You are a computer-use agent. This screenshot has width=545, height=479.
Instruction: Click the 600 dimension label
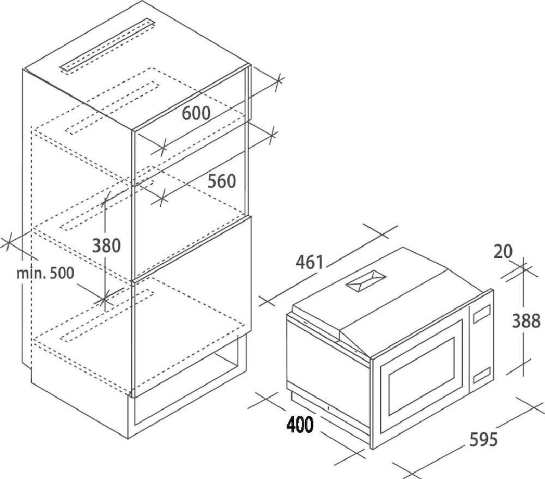click(x=196, y=113)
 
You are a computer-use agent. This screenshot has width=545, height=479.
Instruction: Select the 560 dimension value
click(x=221, y=181)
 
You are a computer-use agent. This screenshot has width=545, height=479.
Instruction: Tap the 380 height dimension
click(x=106, y=245)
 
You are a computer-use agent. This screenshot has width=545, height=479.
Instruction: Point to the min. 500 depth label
click(x=45, y=272)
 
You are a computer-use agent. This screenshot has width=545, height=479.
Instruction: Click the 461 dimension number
click(x=310, y=262)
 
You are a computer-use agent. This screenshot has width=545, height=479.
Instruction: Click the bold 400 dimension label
click(x=299, y=424)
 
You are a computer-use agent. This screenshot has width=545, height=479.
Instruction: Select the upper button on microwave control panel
click(x=481, y=315)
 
